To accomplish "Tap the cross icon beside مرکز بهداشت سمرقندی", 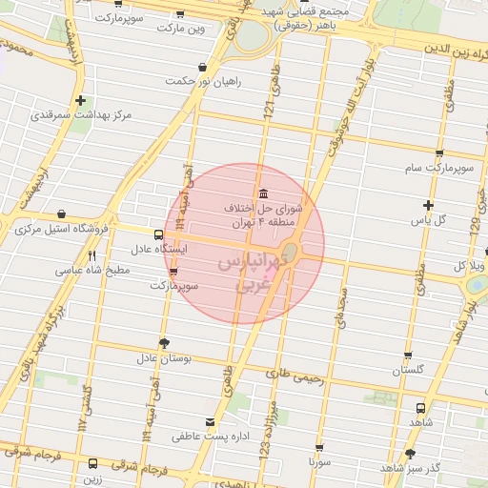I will pos(81,100).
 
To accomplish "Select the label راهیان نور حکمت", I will pos(203,82).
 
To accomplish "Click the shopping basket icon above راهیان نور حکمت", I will pos(203,68).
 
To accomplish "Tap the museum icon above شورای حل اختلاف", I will pos(262,193).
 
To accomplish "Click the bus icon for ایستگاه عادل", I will pos(158,234).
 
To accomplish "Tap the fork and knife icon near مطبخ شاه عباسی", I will pos(91,255).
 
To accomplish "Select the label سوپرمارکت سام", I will pos(438,169).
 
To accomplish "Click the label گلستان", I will pos(408,370).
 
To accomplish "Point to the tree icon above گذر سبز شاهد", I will pos(411,454).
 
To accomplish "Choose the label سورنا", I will pos(318,461).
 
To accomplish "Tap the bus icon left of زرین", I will pos(92,463).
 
